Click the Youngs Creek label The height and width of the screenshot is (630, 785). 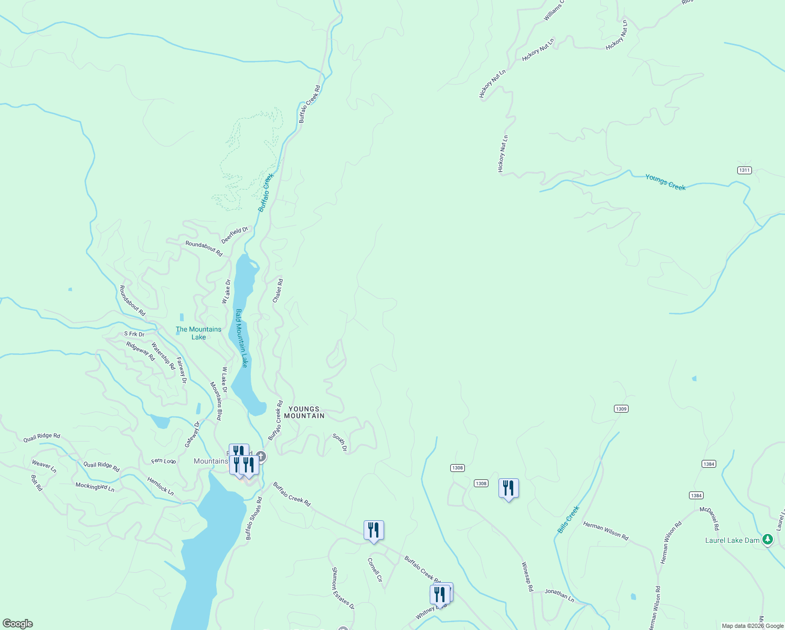tap(665, 183)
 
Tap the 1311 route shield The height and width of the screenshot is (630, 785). tap(744, 170)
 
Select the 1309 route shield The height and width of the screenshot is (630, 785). tap(621, 409)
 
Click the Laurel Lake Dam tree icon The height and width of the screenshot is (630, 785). tap(768, 539)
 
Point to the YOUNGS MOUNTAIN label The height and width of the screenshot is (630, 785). tap(304, 412)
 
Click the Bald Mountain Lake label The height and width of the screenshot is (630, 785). tap(241, 338)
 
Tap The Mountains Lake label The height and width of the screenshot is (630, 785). tap(198, 333)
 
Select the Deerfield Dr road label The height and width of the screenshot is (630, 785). tap(234, 235)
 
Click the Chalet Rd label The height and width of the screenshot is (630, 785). tap(278, 290)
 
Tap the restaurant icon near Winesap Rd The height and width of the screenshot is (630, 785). tap(508, 488)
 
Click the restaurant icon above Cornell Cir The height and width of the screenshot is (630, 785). tap(374, 530)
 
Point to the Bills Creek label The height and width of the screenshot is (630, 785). tap(568, 520)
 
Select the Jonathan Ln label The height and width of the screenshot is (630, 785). tap(559, 595)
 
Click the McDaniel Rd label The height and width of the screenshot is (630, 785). tap(709, 518)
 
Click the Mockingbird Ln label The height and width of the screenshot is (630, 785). tap(95, 487)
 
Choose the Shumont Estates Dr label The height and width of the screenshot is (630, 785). tap(343, 588)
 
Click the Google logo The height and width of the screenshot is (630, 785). tap(17, 624)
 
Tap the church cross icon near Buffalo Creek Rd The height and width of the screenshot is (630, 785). tap(261, 456)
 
